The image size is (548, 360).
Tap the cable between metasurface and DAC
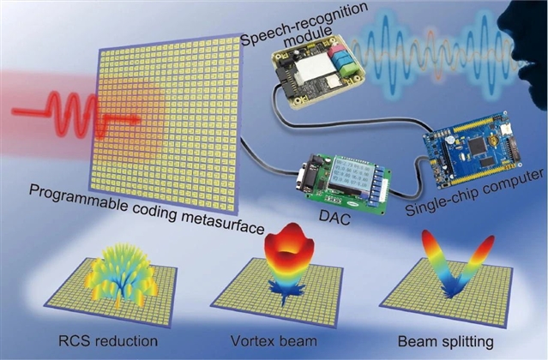point(270,163)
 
